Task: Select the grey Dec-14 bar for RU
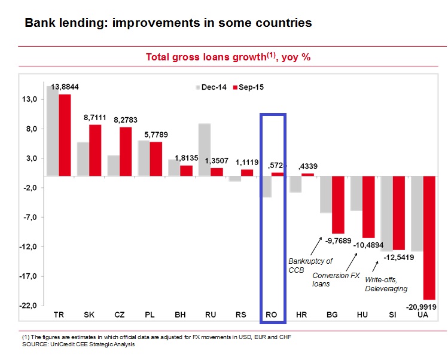point(204,150)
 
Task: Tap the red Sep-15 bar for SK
point(95,150)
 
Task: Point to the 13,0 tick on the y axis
point(31,99)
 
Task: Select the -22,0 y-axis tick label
point(29,306)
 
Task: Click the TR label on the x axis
point(59,315)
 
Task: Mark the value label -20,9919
point(422,307)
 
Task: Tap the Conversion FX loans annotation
point(339,279)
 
